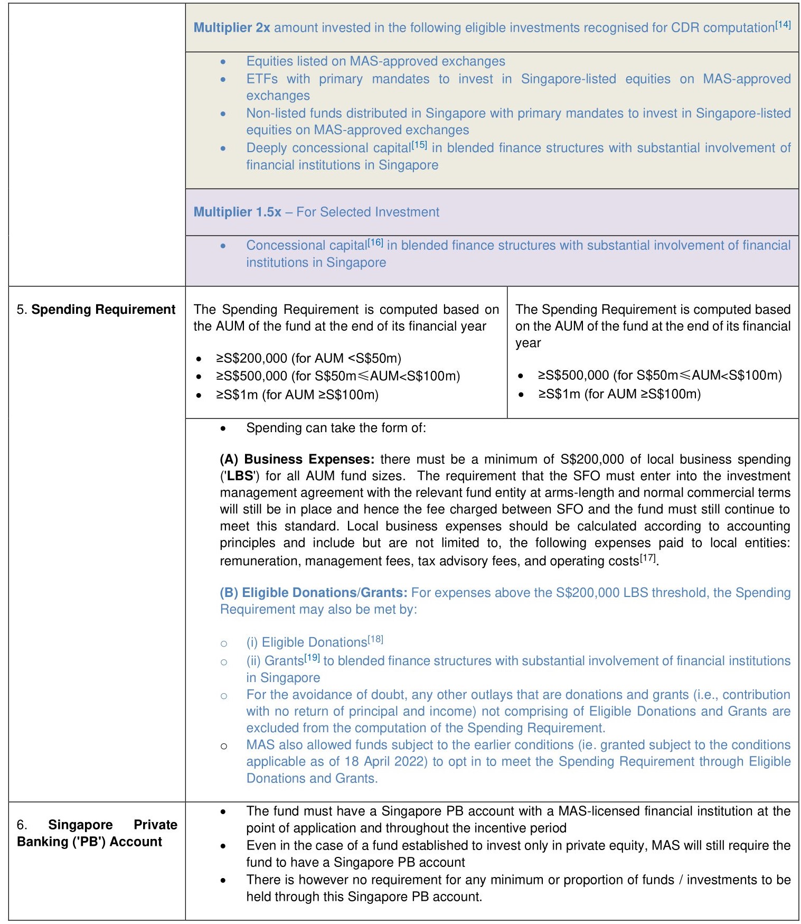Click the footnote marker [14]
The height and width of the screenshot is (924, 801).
[x=783, y=24]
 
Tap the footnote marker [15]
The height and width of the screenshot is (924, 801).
[x=419, y=144]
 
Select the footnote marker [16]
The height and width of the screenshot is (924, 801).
[x=375, y=242]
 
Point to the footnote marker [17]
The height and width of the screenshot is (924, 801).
[x=648, y=557]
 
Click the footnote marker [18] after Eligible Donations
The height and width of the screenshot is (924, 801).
[x=375, y=639]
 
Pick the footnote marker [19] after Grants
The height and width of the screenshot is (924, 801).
[x=313, y=657]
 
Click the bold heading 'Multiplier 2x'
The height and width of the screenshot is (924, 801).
[x=232, y=27]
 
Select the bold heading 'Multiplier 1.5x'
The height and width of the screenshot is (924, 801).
[x=237, y=212]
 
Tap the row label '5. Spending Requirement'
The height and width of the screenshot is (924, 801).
[x=96, y=309]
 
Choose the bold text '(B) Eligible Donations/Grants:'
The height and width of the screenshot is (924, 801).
[x=313, y=593]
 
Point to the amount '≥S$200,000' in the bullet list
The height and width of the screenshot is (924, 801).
[x=251, y=358]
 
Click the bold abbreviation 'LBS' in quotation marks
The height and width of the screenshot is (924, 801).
[x=240, y=476]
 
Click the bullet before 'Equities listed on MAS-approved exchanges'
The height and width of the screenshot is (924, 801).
[x=223, y=62]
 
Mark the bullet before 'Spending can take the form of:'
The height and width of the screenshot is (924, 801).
[x=223, y=428]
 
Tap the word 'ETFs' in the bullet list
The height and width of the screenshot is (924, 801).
[x=262, y=79]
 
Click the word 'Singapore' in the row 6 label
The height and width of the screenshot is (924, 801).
[x=80, y=825]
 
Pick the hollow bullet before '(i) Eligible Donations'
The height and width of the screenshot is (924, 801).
[x=224, y=643]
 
